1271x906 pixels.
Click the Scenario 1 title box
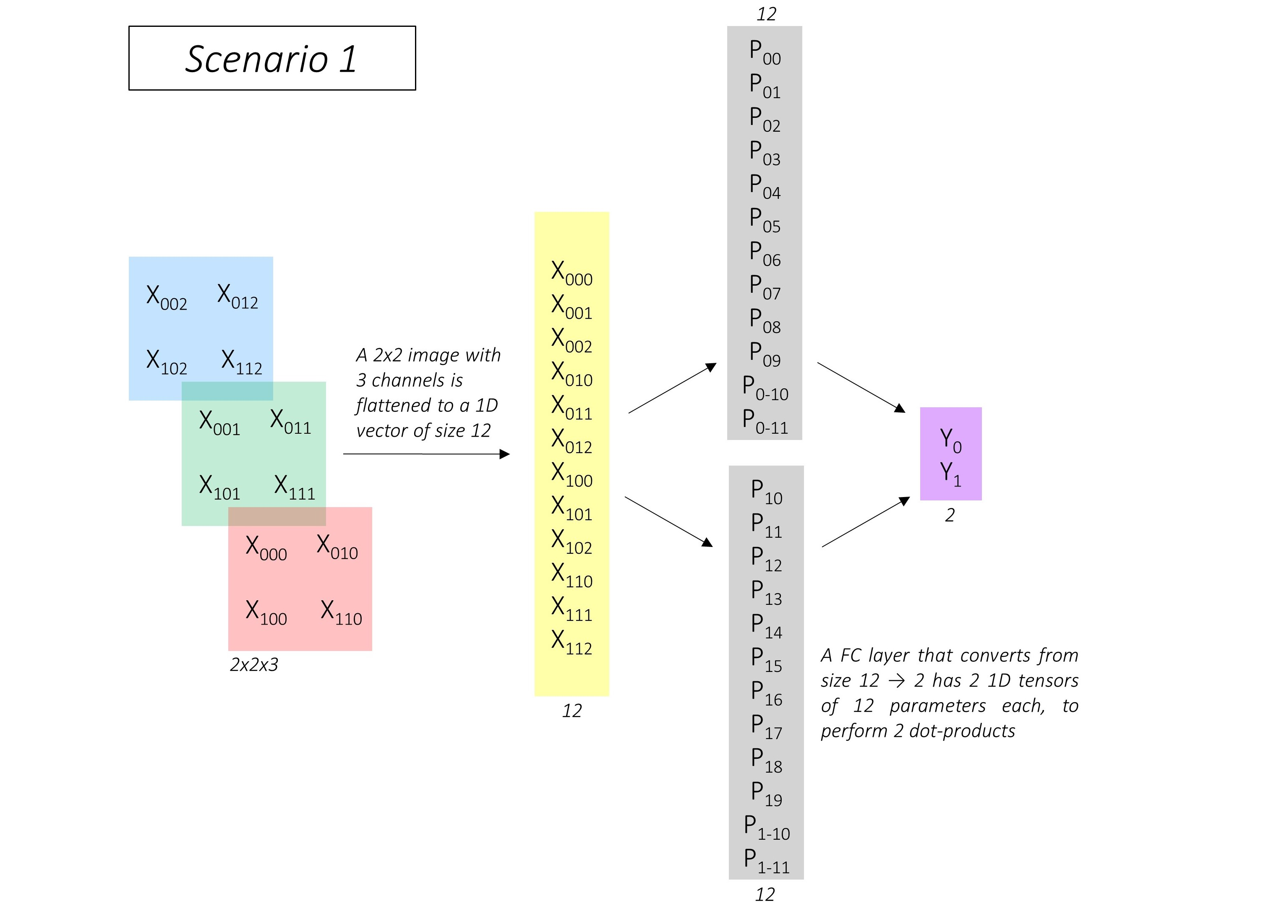coord(272,58)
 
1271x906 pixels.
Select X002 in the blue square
coord(166,297)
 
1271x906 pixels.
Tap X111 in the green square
coord(294,487)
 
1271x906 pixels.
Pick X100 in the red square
coord(266,612)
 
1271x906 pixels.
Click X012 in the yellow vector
coord(572,441)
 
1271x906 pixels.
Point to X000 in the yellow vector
coord(572,273)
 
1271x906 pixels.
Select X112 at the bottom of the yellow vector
coord(572,642)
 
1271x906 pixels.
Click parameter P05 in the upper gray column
coord(765,220)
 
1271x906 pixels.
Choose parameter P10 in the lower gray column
coord(766,492)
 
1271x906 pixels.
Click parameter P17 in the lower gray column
coord(766,727)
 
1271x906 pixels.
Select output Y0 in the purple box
coord(950,440)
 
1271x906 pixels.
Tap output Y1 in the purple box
coord(950,474)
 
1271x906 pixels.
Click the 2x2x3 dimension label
coord(254,664)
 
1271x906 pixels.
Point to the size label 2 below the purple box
coord(950,515)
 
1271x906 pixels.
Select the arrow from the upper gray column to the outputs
coord(861,387)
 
